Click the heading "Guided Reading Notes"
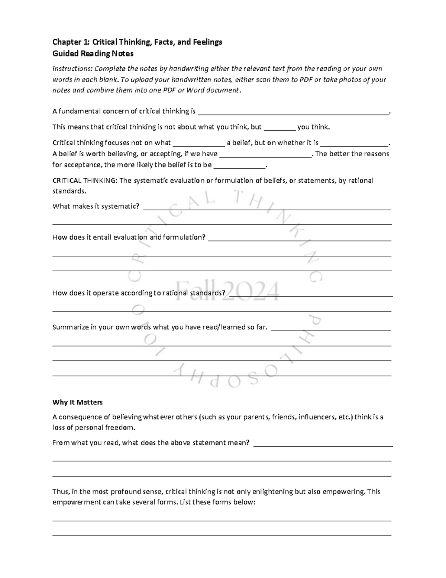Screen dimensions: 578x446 tap(93, 54)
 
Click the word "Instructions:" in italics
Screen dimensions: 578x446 tap(72, 69)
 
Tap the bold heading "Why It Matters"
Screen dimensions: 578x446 tap(77, 402)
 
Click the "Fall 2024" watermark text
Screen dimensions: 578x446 tap(227, 291)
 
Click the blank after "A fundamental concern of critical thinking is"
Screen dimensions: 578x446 tap(294, 112)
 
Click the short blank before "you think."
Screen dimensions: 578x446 tap(279, 128)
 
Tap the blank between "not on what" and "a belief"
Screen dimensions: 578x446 tap(199, 143)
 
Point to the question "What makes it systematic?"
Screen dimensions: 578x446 tap(96, 206)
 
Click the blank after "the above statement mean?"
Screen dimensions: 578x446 tap(323, 444)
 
